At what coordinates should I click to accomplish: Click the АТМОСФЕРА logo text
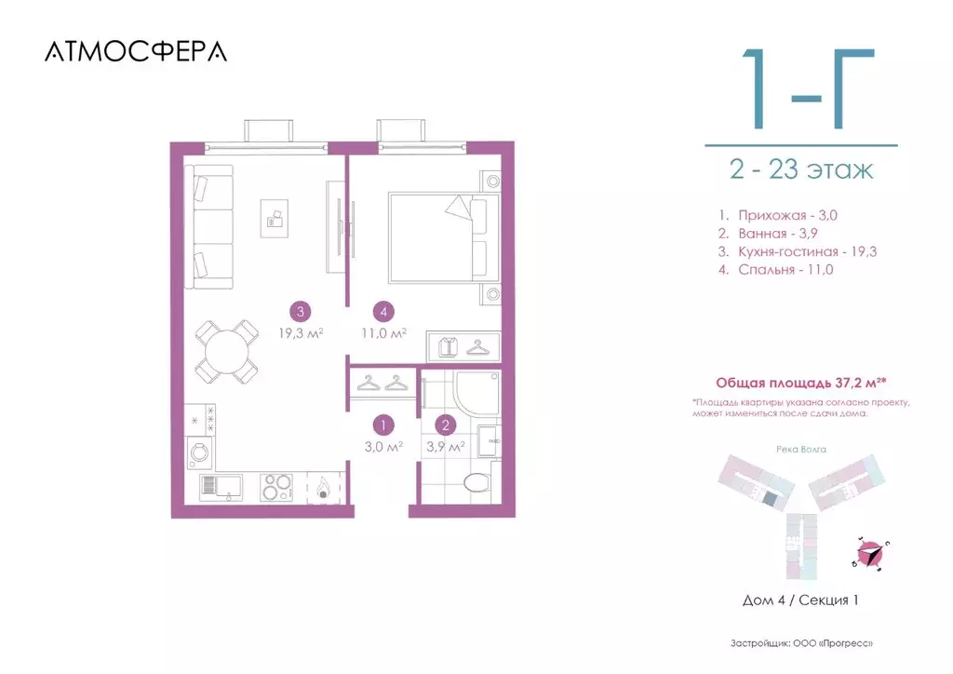tap(135, 52)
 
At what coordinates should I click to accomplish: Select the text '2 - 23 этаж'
tap(801, 170)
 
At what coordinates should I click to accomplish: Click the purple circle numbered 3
tap(299, 312)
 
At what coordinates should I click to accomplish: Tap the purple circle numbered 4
tap(382, 312)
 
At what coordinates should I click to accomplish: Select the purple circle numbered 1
tap(382, 425)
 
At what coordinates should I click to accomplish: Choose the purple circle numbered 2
tap(446, 425)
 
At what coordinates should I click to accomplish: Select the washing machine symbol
tap(200, 453)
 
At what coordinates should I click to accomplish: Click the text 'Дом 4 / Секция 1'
tap(800, 600)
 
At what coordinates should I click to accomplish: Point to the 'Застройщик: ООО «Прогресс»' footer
tap(801, 643)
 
